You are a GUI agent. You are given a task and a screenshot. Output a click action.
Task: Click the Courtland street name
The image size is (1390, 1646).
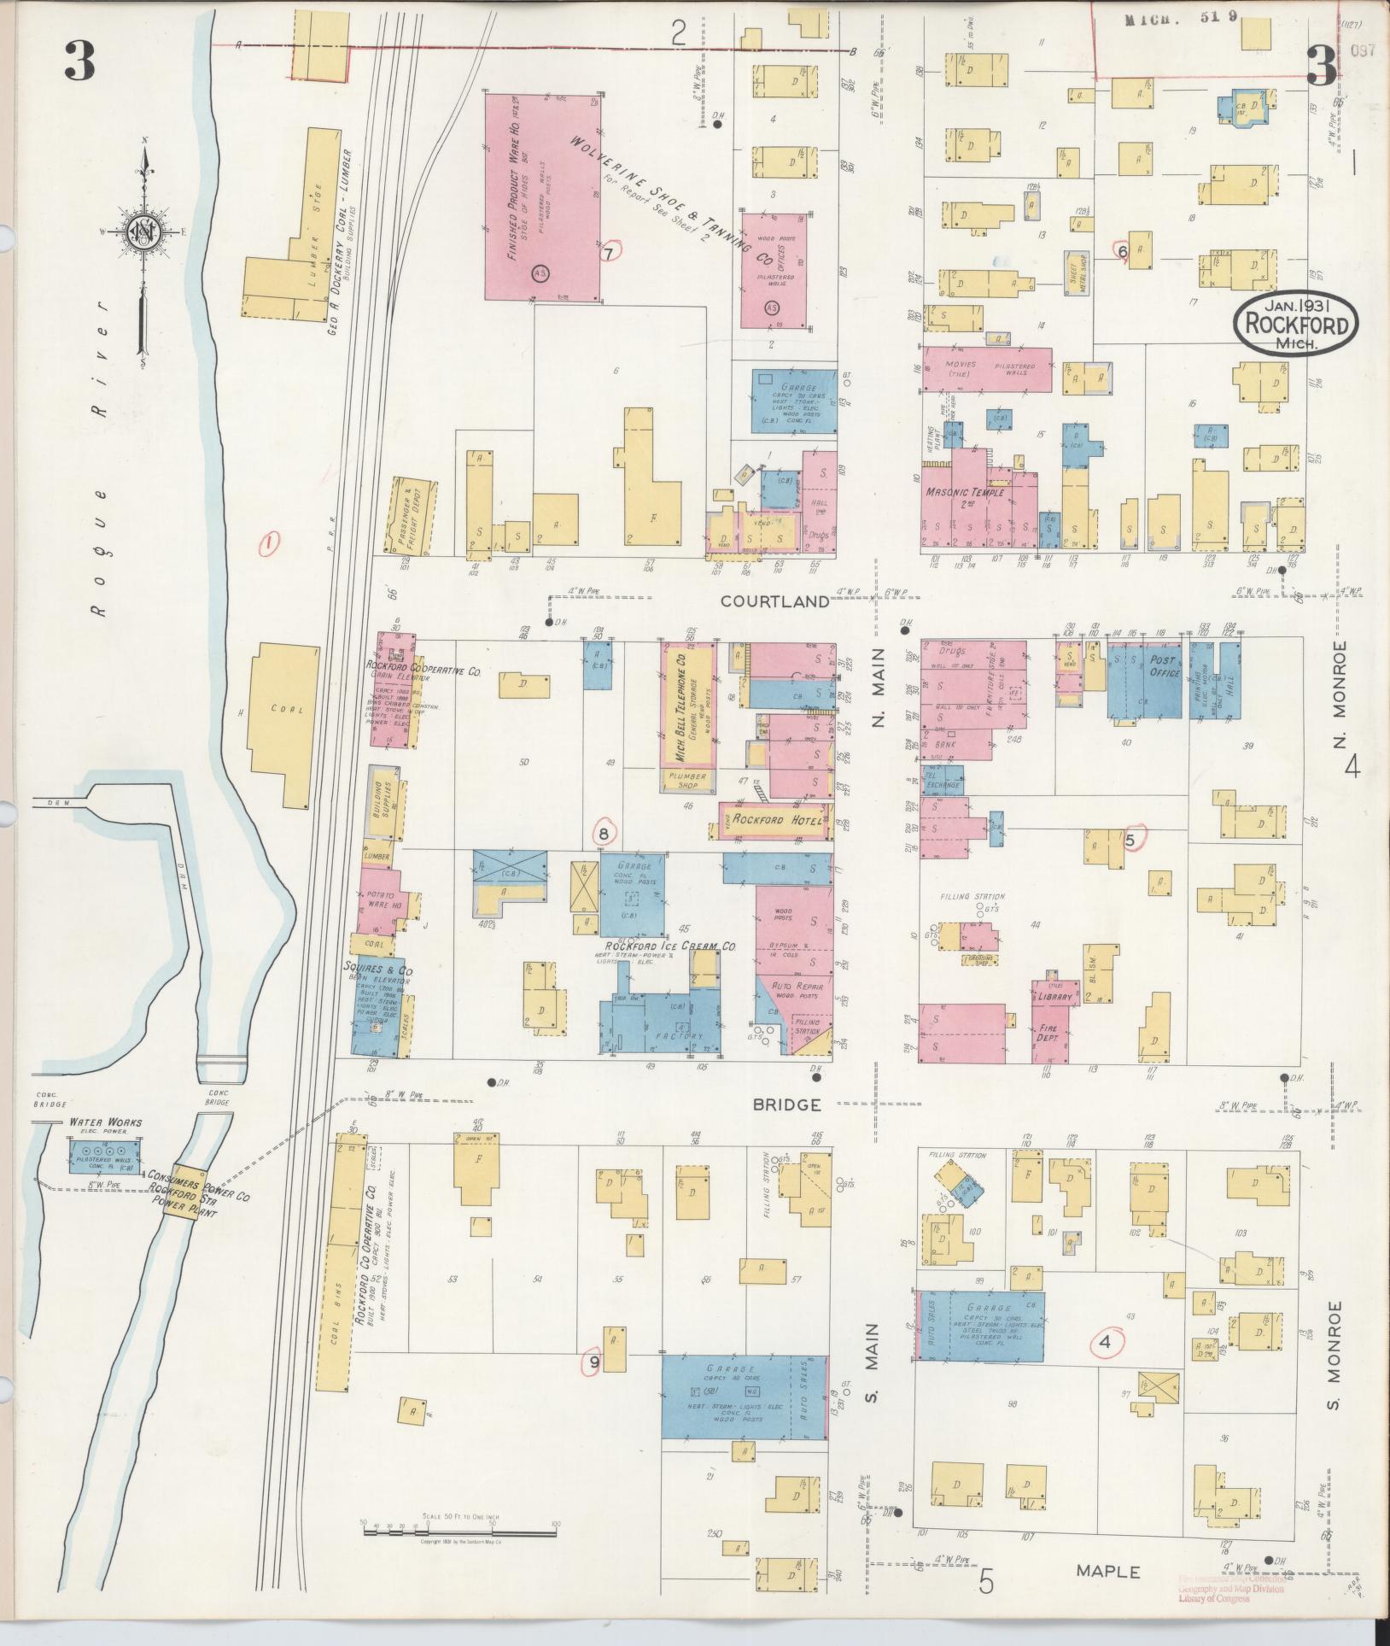pos(774,600)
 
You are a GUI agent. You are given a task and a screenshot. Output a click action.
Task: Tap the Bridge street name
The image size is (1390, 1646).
pos(786,1104)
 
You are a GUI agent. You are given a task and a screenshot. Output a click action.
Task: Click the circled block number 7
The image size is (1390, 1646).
pos(609,253)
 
